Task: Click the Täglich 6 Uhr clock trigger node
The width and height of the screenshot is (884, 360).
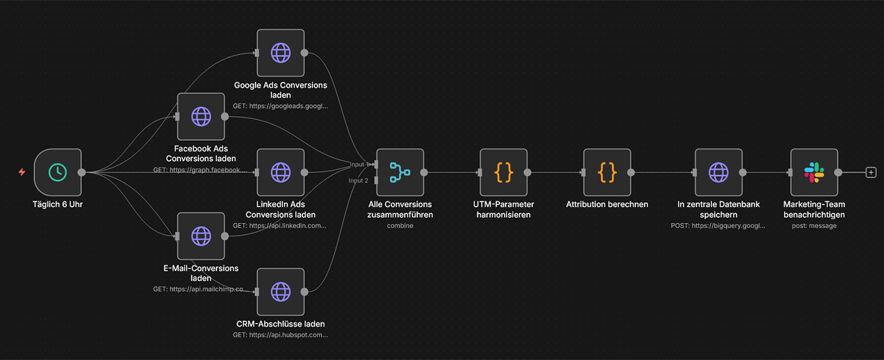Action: pos(57,172)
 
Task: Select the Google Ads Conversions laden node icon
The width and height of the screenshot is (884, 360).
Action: pos(280,53)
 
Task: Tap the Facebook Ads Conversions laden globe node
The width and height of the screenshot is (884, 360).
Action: pos(201,117)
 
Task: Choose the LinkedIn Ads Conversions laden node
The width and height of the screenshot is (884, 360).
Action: pos(280,172)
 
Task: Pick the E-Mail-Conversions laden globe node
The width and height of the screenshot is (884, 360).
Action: pos(201,236)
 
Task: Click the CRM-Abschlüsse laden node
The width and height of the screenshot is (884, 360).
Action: pos(280,292)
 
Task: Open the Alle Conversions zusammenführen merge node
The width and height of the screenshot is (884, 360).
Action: pos(400,172)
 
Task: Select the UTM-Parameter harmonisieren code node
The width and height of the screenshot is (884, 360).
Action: pos(503,172)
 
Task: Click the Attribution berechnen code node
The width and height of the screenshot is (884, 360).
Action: pos(607,172)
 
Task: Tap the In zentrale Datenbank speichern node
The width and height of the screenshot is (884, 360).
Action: pos(719,172)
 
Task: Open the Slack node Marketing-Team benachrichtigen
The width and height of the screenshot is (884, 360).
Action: pos(814,172)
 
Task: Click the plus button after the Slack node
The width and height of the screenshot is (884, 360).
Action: pos(871,172)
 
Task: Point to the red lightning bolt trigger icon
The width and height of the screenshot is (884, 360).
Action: pos(22,172)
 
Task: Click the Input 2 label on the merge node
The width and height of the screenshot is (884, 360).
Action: pos(358,181)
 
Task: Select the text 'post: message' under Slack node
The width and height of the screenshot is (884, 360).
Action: pos(814,225)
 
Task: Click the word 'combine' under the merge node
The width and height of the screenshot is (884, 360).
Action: pos(400,225)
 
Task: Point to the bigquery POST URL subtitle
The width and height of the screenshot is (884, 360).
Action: pos(718,225)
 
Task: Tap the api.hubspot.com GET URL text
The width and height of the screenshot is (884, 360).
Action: pos(280,335)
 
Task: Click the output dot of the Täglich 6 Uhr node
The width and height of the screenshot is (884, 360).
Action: pos(81,172)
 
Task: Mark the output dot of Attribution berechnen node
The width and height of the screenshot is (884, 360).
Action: pos(631,172)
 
